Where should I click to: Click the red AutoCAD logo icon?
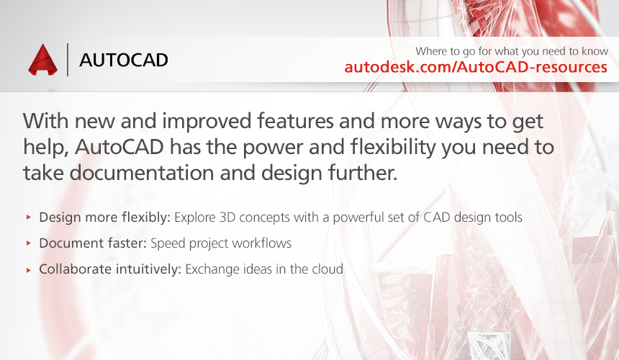point(42,60)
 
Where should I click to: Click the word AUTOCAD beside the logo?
point(124,60)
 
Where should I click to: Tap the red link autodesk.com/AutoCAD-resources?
point(476,67)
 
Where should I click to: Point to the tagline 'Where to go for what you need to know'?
point(512,51)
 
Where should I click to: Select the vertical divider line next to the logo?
point(68,59)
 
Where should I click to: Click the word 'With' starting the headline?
point(46,121)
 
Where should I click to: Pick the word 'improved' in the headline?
point(207,122)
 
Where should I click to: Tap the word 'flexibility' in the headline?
point(393,147)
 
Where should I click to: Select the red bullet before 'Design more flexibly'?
point(28,217)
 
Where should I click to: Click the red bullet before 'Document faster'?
point(28,243)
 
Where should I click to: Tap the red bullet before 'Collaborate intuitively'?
point(28,269)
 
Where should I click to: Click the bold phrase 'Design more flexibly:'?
point(104,217)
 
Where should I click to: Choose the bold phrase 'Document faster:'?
point(93,243)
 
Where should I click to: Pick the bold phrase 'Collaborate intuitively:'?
point(110,269)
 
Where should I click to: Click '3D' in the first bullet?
point(227,217)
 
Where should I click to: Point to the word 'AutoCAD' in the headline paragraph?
point(119,147)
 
